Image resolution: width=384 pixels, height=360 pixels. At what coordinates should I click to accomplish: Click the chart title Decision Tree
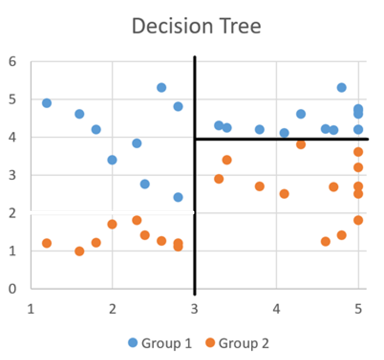(196, 26)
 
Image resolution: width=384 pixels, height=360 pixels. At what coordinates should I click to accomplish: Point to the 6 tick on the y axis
(13, 62)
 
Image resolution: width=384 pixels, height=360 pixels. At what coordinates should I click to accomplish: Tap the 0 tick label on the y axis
(13, 289)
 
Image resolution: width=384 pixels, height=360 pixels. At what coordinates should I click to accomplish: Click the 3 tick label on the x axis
(194, 309)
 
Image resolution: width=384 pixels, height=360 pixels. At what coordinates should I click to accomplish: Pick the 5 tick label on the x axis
(358, 309)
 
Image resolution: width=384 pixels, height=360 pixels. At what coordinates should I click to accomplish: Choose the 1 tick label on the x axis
(31, 309)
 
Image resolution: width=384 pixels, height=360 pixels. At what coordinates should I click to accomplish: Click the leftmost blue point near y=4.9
(47, 103)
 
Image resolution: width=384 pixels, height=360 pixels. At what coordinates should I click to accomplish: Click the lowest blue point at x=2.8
(178, 197)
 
